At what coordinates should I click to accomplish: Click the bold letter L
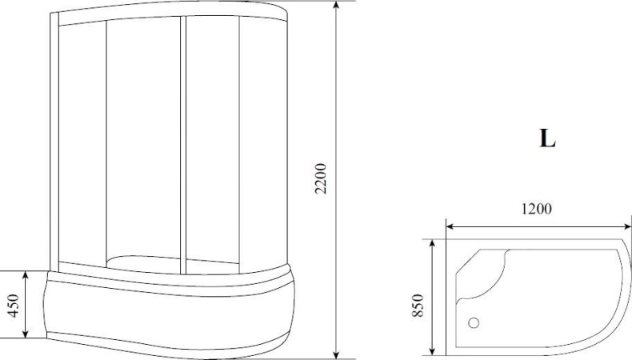pyautogui.click(x=547, y=138)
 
